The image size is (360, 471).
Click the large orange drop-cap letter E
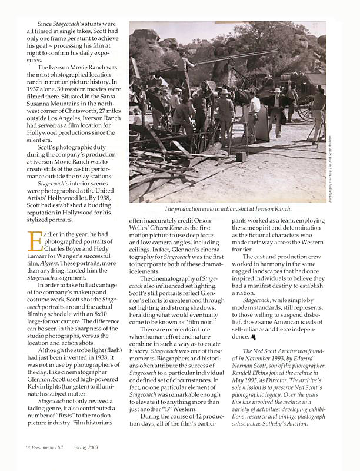[33, 242]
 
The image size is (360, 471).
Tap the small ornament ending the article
[253, 337]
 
